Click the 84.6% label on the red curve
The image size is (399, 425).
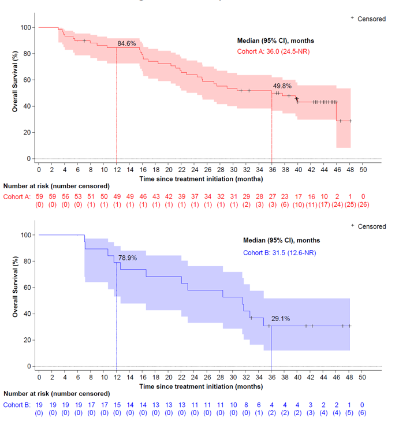(127, 43)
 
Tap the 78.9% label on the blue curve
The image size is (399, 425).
(127, 258)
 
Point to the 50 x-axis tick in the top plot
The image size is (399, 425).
(363, 170)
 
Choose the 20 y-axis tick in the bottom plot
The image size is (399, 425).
(27, 340)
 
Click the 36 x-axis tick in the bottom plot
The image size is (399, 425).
(272, 378)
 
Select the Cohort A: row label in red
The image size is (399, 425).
(17, 197)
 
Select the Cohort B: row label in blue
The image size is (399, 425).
(17, 405)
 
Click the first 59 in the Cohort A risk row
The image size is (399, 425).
(39, 197)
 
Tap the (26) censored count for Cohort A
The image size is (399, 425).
(363, 205)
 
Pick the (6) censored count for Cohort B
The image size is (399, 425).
(363, 413)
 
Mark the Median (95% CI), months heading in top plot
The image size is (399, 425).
(276, 40)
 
